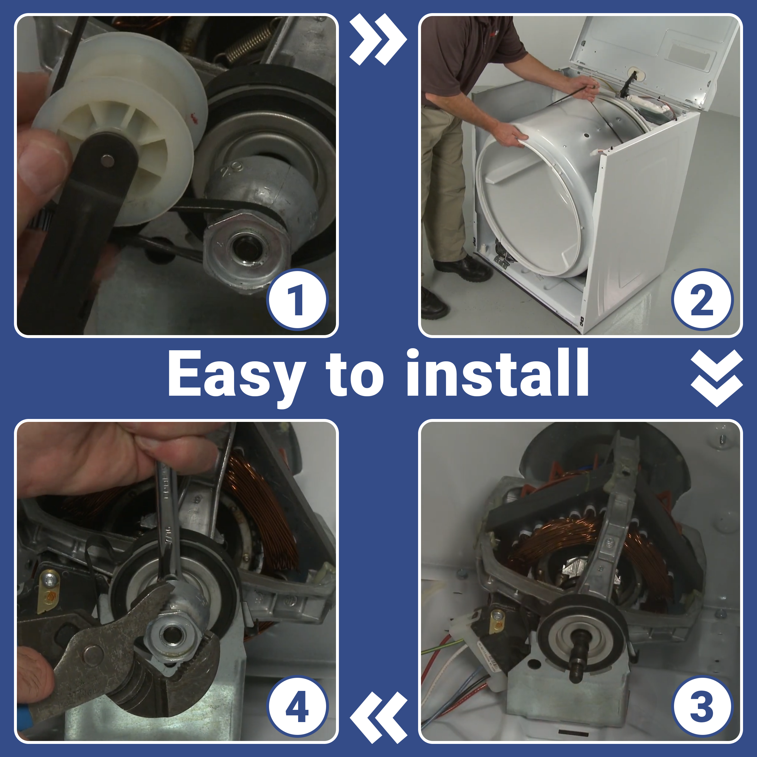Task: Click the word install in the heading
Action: click(x=497, y=372)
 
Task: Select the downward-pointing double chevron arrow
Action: click(x=717, y=378)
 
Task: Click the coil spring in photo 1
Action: click(x=247, y=41)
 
